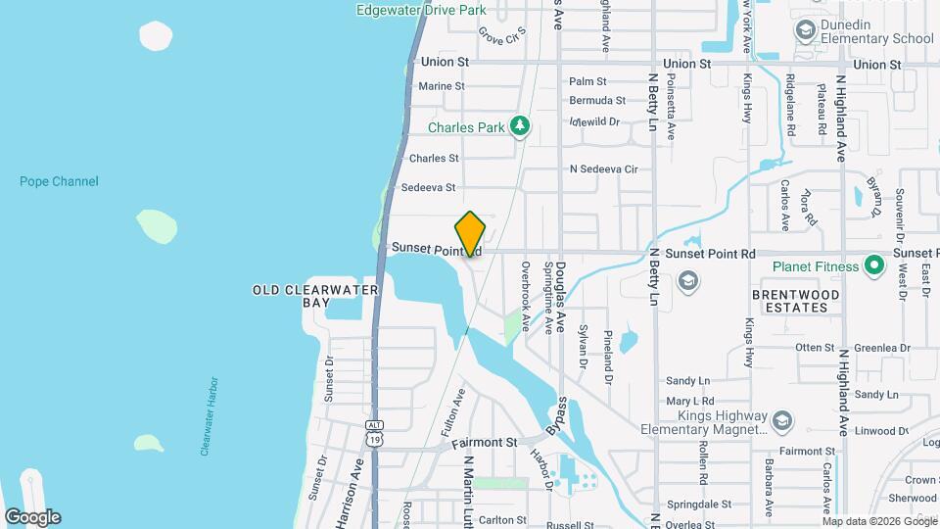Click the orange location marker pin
[x=471, y=234]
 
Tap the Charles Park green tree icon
[x=521, y=126]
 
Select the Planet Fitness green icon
[x=874, y=265]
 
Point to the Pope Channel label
[x=59, y=181]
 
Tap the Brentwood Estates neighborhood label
[x=796, y=301]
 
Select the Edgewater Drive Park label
[x=422, y=10]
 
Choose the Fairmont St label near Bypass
[x=484, y=443]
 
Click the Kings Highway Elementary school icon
[x=781, y=420]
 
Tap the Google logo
[x=32, y=517]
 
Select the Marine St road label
[x=441, y=86]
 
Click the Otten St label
[x=814, y=347]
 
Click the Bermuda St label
[x=596, y=100]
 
